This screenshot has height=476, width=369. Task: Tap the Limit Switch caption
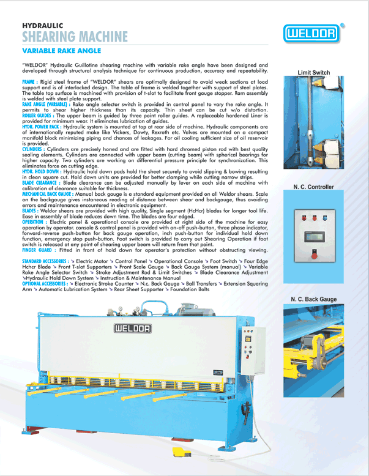point(313,73)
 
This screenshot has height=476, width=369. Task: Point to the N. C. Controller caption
point(313,187)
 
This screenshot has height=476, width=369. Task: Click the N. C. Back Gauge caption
point(313,299)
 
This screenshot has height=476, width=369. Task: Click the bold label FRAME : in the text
point(31,81)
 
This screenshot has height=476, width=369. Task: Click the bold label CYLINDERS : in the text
point(34,149)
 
